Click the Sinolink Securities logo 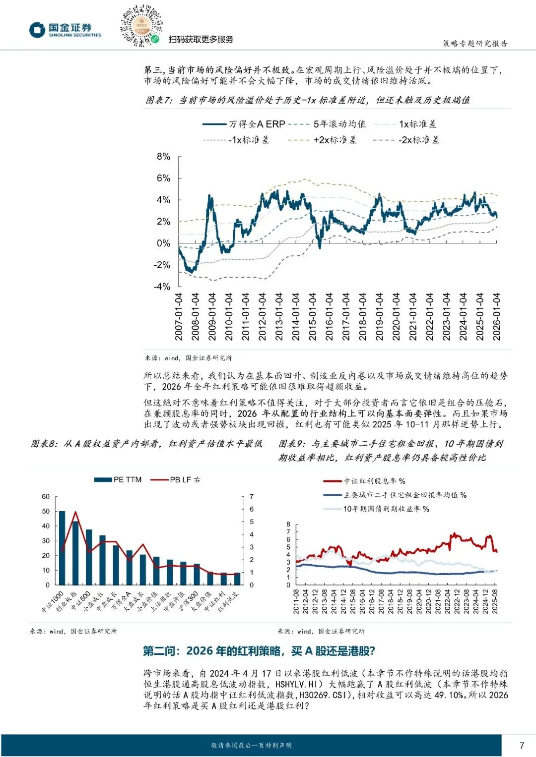pyautogui.click(x=65, y=30)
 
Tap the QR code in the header pyautogui.click(x=141, y=26)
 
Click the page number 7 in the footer pyautogui.click(x=522, y=745)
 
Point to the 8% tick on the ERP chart pyautogui.click(x=163, y=157)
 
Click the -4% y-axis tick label pyautogui.click(x=162, y=287)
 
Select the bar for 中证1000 pyautogui.click(x=62, y=548)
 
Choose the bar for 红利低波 pyautogui.click(x=237, y=579)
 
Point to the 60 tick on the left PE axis pyautogui.click(x=46, y=497)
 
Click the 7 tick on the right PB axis pyautogui.click(x=252, y=497)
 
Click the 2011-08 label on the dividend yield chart pyautogui.click(x=296, y=601)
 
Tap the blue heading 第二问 pyautogui.click(x=259, y=651)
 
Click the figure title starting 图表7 pyautogui.click(x=308, y=100)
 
